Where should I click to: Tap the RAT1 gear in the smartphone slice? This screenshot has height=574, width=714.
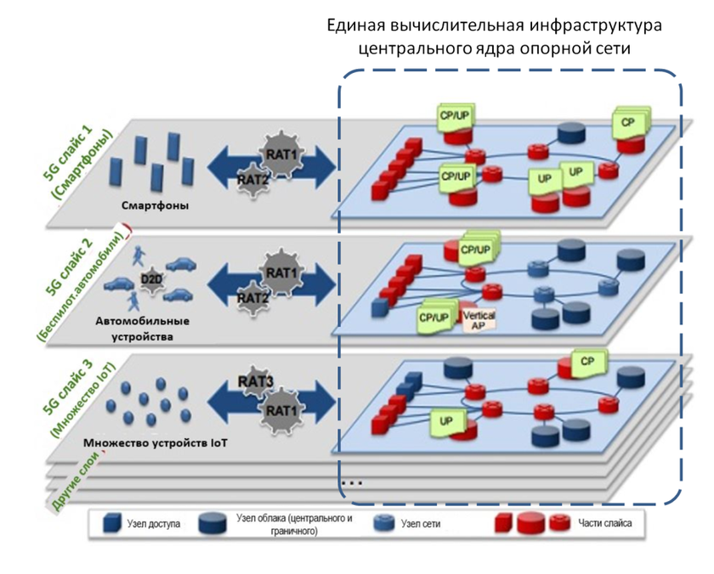tap(281, 153)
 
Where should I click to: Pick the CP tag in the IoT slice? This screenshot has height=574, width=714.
tap(586, 361)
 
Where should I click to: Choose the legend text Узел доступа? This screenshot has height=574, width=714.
tap(156, 524)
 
